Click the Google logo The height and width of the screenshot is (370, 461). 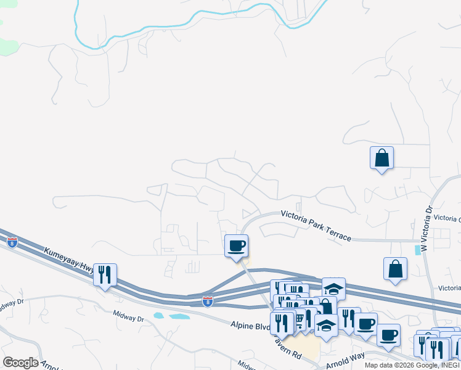(20, 363)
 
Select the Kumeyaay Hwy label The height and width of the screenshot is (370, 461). (67, 261)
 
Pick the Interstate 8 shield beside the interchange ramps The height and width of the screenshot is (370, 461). (208, 302)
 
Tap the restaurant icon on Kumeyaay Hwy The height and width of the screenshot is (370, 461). (105, 274)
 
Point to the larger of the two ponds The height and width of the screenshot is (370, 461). (179, 316)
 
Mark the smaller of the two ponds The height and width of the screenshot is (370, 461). (159, 315)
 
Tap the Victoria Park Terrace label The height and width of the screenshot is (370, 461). (316, 225)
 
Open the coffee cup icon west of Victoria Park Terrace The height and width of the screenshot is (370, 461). (236, 246)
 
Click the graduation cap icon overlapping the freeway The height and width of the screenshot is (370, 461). (333, 289)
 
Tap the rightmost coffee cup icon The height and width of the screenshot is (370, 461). (388, 335)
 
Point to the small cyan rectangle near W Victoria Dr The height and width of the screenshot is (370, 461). (419, 250)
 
